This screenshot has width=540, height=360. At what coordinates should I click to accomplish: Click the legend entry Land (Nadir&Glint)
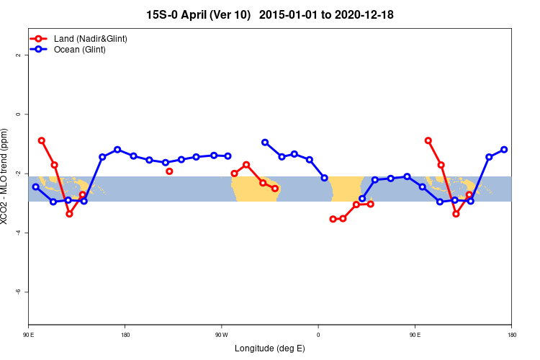pos(90,38)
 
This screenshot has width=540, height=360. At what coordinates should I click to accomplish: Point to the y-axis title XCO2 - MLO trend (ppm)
pos(6,176)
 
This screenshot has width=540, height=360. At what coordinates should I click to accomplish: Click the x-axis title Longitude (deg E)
pos(270,348)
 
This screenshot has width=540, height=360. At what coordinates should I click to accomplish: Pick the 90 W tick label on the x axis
pos(221,334)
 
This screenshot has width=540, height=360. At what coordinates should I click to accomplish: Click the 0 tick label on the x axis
pos(318,334)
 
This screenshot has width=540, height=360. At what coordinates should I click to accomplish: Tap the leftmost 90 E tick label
pos(29,334)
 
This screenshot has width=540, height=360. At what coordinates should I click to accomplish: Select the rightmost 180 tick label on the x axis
pos(511,334)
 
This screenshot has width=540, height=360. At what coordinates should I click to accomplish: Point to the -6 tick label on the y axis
pos(19,292)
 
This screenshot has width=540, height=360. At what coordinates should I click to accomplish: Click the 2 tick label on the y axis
pos(19,55)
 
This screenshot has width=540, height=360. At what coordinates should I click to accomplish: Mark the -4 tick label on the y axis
pos(19,233)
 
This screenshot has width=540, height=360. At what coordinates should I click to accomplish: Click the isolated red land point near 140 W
pos(169,171)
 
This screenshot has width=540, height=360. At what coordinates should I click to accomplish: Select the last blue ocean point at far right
pos(504,150)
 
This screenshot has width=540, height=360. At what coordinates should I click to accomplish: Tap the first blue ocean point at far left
pos(36,187)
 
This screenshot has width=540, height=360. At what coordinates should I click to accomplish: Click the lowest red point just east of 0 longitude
pos(333,219)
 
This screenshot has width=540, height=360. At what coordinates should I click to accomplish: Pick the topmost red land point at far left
pos(42,140)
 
